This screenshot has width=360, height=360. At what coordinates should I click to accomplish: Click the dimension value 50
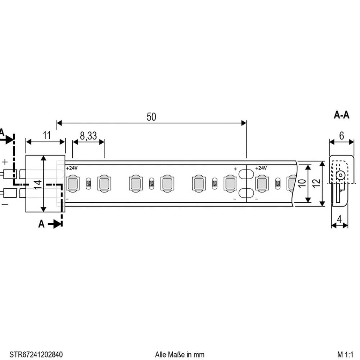tap(152, 117)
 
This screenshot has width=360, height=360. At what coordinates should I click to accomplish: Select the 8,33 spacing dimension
tap(88, 136)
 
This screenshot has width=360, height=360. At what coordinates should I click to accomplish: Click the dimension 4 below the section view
tap(340, 219)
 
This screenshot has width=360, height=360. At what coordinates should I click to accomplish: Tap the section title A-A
tap(341, 115)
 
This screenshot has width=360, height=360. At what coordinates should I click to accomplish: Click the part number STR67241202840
tap(33, 355)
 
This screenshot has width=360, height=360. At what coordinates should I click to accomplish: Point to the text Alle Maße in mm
tap(180, 355)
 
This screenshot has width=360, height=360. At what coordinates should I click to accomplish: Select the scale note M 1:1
tap(346, 355)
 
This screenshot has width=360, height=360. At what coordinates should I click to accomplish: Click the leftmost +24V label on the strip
tap(72, 168)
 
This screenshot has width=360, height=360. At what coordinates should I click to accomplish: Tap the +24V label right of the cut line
tap(261, 168)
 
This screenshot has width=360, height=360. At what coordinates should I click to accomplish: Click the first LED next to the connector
tap(72, 183)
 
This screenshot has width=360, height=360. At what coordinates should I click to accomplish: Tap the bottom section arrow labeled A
tap(50, 224)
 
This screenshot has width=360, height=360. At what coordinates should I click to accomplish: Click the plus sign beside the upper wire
tap(5, 162)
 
